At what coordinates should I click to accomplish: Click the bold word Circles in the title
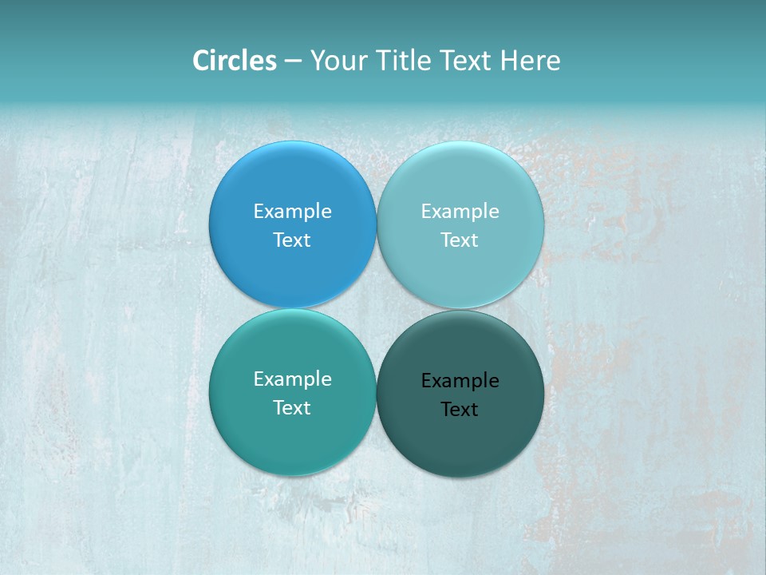(x=235, y=61)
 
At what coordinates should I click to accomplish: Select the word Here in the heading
(x=530, y=61)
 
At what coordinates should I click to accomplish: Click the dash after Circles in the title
(x=293, y=61)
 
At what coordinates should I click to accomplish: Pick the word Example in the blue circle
(x=292, y=211)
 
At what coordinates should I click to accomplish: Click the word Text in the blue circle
(x=292, y=240)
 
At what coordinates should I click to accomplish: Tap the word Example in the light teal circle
(x=460, y=211)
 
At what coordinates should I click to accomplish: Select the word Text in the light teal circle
(x=460, y=240)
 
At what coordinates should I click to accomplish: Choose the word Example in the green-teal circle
(x=292, y=379)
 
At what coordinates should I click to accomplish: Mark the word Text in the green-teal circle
(x=292, y=407)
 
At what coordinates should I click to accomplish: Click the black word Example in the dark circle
(x=460, y=380)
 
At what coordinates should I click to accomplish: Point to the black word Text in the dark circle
(x=460, y=409)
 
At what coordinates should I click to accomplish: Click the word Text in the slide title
(x=466, y=61)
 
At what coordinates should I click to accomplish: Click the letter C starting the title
(x=201, y=61)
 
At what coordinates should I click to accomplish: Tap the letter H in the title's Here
(x=508, y=61)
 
